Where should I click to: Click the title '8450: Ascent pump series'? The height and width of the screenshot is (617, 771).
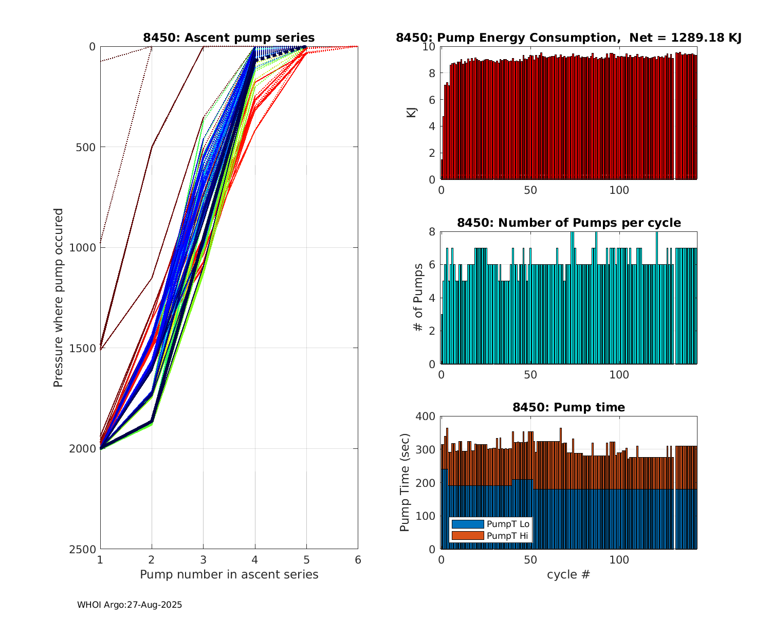coord(229,38)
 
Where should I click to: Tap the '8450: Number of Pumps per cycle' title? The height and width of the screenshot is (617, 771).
coord(568,223)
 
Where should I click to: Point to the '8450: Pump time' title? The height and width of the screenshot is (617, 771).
coord(568,407)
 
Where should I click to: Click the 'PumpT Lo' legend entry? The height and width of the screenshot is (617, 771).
coord(508,524)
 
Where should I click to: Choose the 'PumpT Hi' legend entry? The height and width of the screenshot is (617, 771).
coord(507,535)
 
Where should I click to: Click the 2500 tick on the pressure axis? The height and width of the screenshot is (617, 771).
coord(85,549)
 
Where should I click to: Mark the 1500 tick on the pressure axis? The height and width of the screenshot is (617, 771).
coord(85,348)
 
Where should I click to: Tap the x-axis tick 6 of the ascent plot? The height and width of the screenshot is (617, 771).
coord(358,559)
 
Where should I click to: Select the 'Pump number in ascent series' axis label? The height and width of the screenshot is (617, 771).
coord(229,574)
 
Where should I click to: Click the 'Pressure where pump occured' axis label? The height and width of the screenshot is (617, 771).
coord(58,298)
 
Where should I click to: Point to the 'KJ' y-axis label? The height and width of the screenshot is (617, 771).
coord(411,113)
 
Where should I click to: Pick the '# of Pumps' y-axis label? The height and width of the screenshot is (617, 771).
coord(419,298)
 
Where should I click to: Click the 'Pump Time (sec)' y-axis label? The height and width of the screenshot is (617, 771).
coord(405,483)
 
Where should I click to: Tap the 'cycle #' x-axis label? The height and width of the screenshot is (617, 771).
coord(568,574)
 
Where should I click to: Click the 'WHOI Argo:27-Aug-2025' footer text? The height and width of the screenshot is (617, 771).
coord(130,605)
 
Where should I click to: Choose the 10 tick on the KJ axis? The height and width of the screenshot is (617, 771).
coord(430,47)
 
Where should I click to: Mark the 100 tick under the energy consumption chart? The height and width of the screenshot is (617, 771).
coord(619,190)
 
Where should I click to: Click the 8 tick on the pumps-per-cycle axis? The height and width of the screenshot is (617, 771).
coord(432,232)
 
